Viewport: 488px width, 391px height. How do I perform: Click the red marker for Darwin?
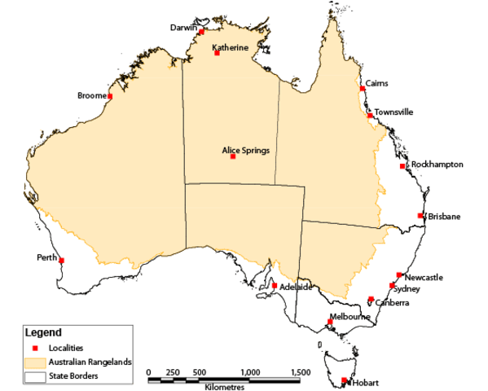[x=201, y=32]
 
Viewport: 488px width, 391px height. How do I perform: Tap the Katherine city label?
[x=230, y=48]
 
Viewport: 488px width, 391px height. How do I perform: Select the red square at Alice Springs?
[x=233, y=156]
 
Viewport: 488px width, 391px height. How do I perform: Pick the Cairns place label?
[x=377, y=83]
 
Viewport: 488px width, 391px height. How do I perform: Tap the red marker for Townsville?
[x=371, y=116]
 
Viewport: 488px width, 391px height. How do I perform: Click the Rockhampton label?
[x=437, y=165]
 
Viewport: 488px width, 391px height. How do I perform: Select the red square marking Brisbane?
[x=420, y=215]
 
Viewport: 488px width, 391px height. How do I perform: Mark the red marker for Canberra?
[x=371, y=299]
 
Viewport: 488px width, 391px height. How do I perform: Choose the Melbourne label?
[x=350, y=317]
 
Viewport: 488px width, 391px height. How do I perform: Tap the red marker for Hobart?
[x=345, y=380]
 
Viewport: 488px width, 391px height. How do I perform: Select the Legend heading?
[x=42, y=332]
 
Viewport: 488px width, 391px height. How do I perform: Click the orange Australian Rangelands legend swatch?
[x=34, y=362]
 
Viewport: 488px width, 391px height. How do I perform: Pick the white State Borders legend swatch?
[x=34, y=376]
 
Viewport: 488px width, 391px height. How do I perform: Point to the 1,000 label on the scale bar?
[x=250, y=371]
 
